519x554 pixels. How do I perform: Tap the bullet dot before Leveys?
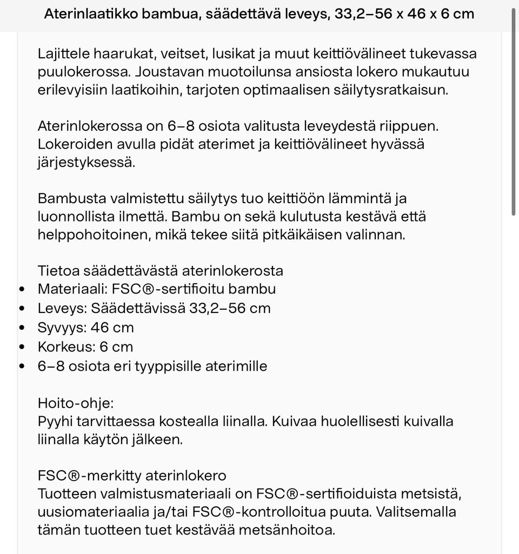[22, 309]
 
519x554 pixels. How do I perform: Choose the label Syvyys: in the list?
[62, 328]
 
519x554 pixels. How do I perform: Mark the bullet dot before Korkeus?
[22, 347]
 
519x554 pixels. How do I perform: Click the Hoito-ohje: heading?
[76, 403]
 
